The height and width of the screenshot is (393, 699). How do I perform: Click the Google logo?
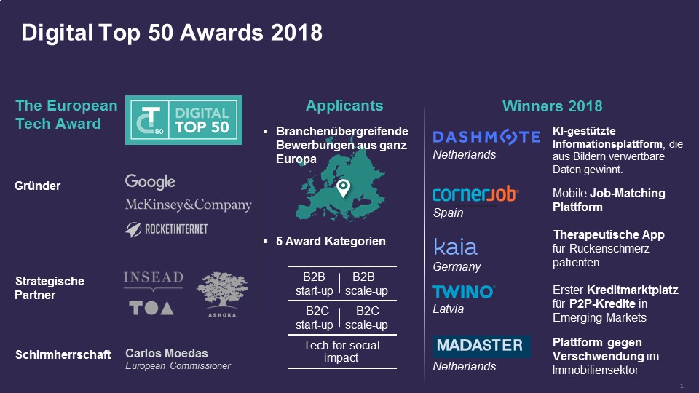click(150, 182)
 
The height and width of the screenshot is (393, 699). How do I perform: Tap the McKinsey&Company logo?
click(188, 205)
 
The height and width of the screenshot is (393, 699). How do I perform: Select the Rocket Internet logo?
click(166, 229)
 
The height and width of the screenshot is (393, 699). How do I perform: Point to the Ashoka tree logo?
click(222, 295)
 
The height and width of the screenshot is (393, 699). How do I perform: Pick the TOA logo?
click(151, 308)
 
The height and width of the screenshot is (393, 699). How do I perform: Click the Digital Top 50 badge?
click(183, 120)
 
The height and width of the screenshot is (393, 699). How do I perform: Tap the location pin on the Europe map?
click(343, 188)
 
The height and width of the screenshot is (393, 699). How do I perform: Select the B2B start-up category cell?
click(314, 284)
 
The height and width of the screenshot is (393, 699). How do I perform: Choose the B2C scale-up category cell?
click(366, 318)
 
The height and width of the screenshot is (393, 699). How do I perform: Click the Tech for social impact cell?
click(341, 351)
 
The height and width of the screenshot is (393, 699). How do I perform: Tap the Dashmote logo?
click(486, 137)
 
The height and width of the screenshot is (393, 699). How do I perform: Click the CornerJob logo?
click(475, 195)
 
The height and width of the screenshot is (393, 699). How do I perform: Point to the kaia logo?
click(455, 247)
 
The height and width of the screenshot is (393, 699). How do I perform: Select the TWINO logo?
click(463, 292)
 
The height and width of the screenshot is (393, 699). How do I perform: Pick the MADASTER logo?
click(481, 346)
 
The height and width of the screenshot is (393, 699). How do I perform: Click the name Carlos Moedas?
click(167, 354)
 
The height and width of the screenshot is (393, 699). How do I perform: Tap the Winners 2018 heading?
click(553, 106)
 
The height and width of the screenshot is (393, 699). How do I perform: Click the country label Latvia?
click(448, 309)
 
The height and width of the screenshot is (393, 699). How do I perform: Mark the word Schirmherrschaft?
click(63, 354)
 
